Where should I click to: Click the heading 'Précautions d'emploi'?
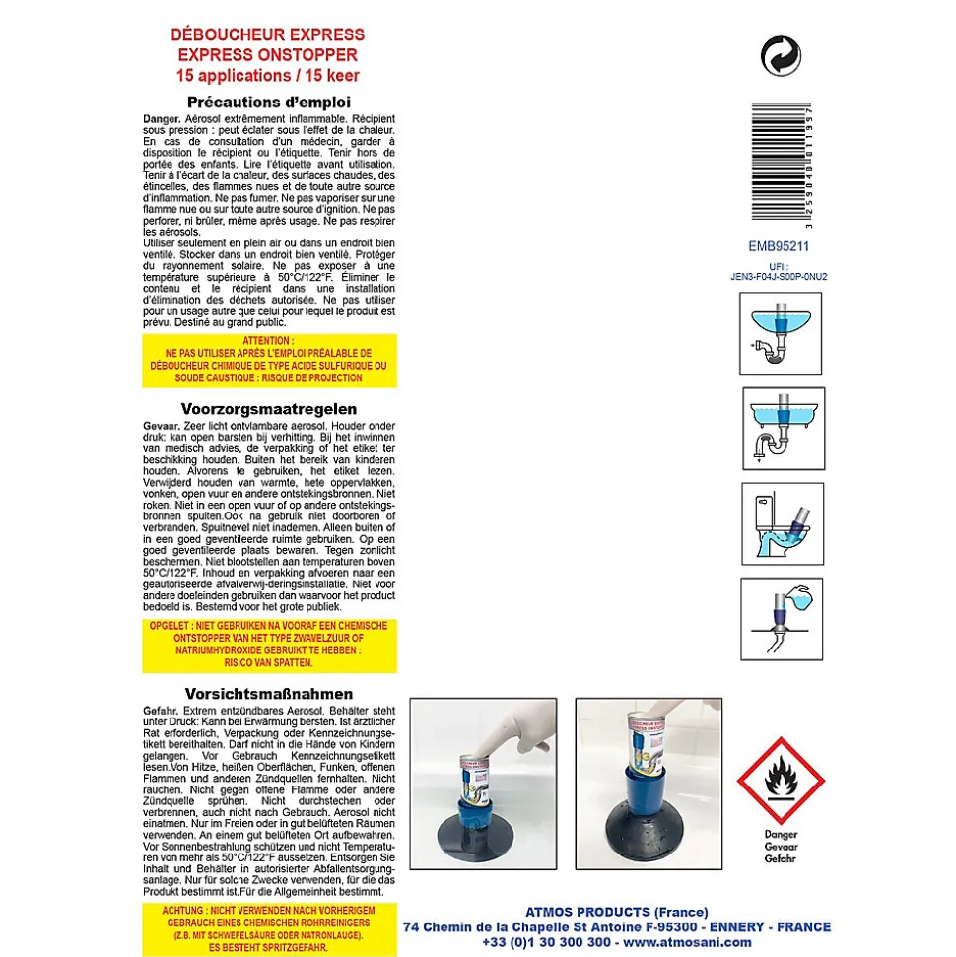coord(268,102)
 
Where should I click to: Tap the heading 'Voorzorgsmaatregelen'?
coord(268,408)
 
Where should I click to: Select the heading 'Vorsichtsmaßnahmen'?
coord(268,694)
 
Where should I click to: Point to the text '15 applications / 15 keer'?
coord(268,75)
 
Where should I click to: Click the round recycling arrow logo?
coord(781,54)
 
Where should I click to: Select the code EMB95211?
coord(779,247)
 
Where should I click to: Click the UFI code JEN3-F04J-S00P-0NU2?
coord(779,277)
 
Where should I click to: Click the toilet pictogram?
coord(782,523)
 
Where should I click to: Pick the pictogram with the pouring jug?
coord(782,618)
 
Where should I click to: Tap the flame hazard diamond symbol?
coord(782,782)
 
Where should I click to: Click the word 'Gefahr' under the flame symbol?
coord(782,859)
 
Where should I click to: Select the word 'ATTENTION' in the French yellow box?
coord(268,341)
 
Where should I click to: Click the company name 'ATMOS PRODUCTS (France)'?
coord(618,912)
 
